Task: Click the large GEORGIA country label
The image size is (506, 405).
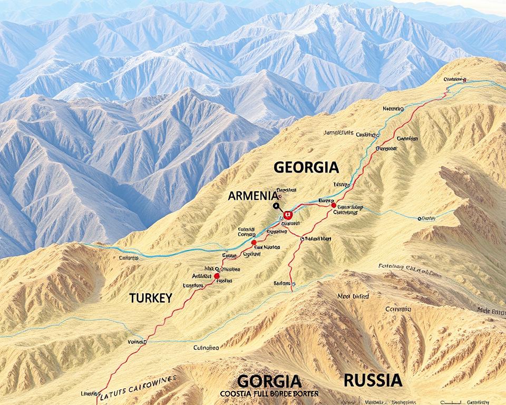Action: [x=306, y=168]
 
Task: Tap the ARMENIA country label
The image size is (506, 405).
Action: [x=252, y=196]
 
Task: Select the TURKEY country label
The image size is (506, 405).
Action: [x=150, y=298]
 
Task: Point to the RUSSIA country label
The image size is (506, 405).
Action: [x=373, y=380]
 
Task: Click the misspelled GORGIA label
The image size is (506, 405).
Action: [x=269, y=381]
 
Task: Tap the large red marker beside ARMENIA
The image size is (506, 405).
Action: [x=287, y=215]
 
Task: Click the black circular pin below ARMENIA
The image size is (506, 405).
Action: [x=275, y=206]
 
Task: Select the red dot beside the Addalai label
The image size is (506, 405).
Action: [x=217, y=276]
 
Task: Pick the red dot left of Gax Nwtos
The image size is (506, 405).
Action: [x=254, y=243]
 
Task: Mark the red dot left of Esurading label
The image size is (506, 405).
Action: [x=333, y=205]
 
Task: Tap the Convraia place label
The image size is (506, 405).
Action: [x=398, y=310]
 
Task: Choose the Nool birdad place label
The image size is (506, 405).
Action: [x=353, y=297]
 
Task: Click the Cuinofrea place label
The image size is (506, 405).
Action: [x=206, y=348]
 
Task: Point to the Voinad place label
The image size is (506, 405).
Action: [x=137, y=342]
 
